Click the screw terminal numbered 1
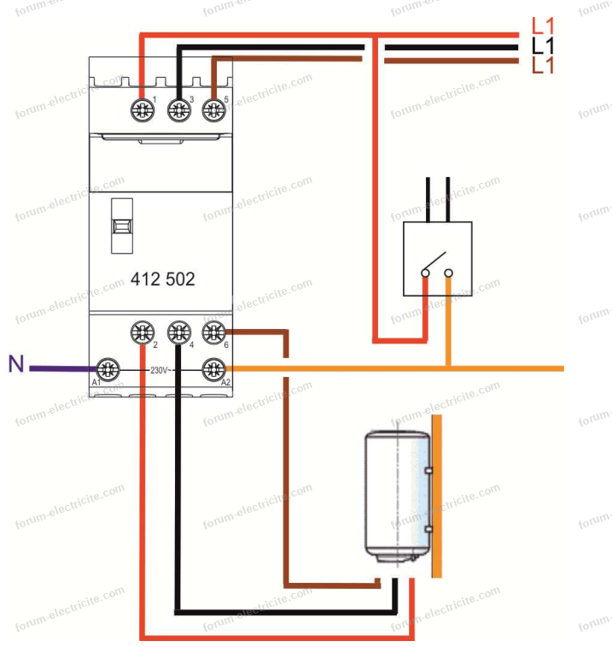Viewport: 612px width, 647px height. [142, 109]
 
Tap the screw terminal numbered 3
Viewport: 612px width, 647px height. [178, 109]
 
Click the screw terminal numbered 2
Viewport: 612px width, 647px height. [142, 332]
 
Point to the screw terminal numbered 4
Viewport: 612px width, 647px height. [178, 332]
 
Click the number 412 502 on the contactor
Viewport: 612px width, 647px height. [162, 279]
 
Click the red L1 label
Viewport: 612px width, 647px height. [543, 26]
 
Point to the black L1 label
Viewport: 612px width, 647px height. [543, 45]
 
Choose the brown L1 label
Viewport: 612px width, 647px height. [543, 65]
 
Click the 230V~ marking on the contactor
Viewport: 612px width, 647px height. [163, 370]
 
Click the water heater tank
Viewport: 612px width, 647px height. [397, 496]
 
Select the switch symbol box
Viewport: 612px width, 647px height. [437, 258]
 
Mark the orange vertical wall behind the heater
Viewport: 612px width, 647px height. [436, 496]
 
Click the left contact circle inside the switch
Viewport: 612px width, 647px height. [425, 274]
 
